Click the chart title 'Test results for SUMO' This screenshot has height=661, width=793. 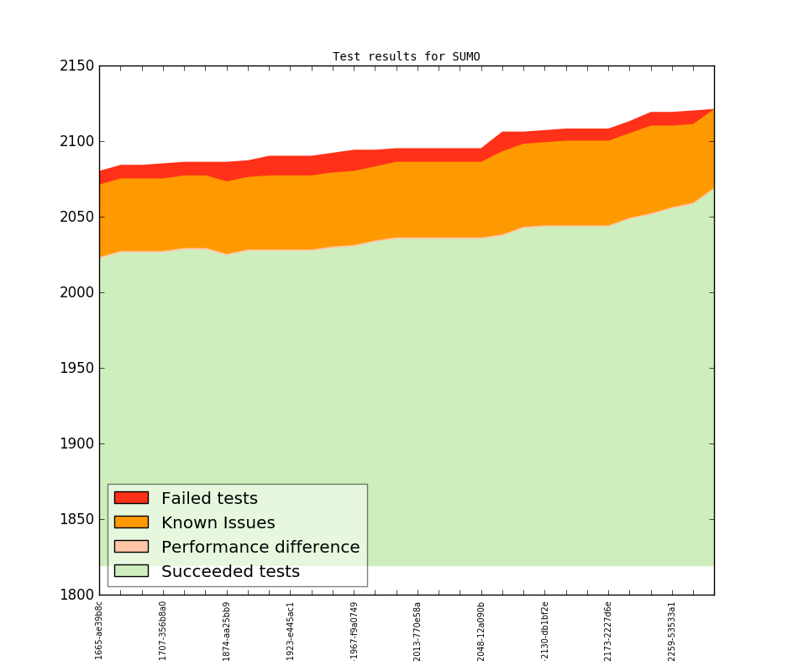[x=406, y=57]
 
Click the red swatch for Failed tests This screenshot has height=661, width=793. [x=131, y=498]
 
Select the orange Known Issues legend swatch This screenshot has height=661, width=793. [x=131, y=522]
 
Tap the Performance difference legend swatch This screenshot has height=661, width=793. [x=131, y=547]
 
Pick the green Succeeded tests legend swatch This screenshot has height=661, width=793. [x=131, y=571]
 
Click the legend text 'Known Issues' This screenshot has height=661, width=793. [x=218, y=522]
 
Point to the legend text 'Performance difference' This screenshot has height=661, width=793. [x=260, y=547]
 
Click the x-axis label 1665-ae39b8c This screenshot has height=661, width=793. [x=99, y=630]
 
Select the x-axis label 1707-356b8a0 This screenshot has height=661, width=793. [x=163, y=630]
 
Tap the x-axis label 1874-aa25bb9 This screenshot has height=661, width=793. [x=227, y=630]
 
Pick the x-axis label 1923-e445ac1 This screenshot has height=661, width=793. [x=291, y=630]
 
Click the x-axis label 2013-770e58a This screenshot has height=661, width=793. [x=418, y=630]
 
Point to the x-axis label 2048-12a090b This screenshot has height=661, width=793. [x=481, y=630]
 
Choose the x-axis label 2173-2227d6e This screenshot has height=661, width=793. [x=608, y=630]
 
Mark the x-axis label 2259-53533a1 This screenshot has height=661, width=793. [x=672, y=630]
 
